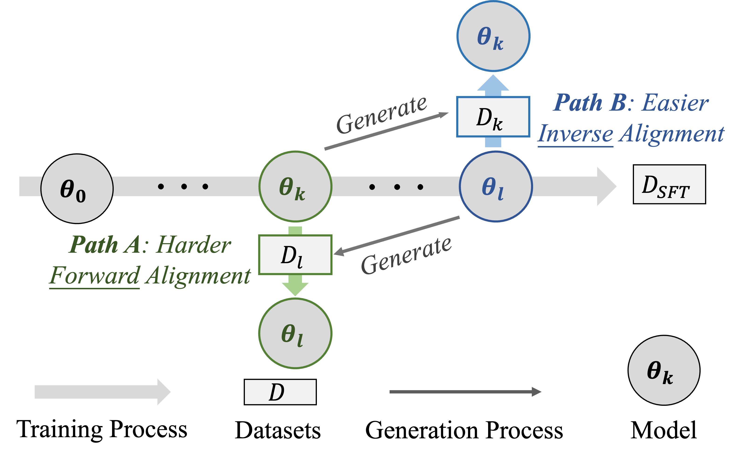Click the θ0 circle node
point(77,189)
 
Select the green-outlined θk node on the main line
point(295,186)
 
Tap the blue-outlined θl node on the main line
point(496,186)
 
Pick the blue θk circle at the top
point(493,36)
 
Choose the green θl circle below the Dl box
point(295,334)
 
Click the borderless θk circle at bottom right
point(664,370)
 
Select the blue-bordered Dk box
point(493,117)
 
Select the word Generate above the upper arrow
point(382,115)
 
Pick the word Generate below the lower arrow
point(406,256)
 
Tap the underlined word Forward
point(95,276)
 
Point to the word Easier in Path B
point(675,103)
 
